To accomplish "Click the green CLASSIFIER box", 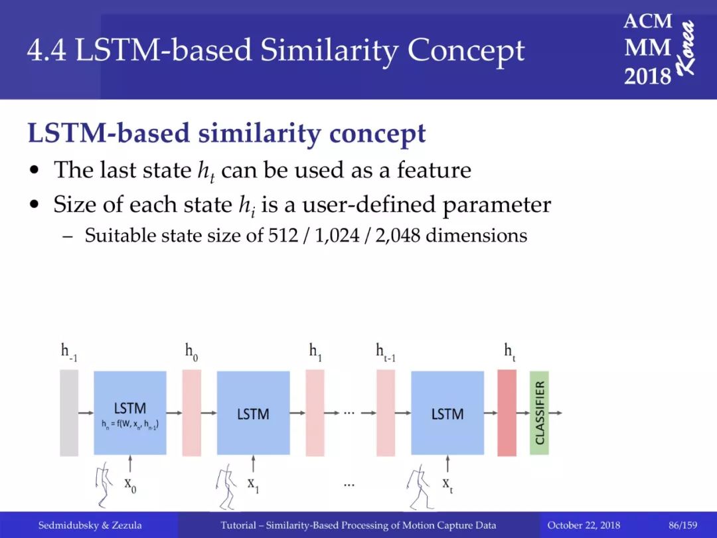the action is click(539, 412).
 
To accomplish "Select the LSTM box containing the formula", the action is click(130, 412).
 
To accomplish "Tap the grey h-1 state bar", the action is click(69, 412).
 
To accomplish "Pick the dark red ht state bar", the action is click(507, 412).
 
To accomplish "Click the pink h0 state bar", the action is click(192, 412).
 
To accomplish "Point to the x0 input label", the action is click(130, 485).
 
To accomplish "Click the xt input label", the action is click(447, 485).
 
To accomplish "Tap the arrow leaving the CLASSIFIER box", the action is click(556, 412).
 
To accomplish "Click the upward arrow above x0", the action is click(130, 463).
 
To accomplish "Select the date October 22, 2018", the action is click(584, 525).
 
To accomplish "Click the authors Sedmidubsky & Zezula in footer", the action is click(90, 525).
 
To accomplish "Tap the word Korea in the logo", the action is click(686, 48).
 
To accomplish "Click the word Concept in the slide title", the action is click(465, 51).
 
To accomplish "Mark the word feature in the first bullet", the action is click(434, 170).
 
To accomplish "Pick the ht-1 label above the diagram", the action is click(386, 352).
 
